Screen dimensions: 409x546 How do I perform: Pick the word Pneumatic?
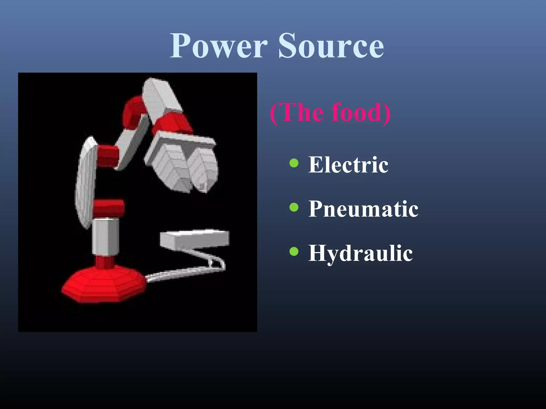pos(363,209)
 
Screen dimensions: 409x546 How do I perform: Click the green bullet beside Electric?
pos(294,163)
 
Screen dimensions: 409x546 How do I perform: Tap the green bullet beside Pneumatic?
pos(294,207)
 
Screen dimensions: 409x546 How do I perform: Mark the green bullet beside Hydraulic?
pos(294,251)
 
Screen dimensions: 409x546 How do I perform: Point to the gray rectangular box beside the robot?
pos(195,239)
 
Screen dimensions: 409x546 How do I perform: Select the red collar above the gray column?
pos(109,208)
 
